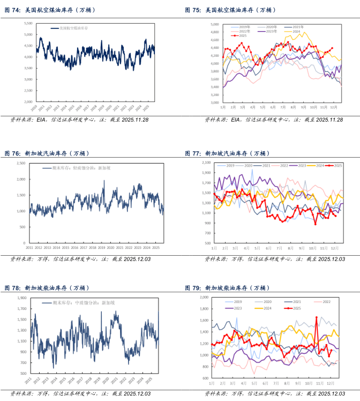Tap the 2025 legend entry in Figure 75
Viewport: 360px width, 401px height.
click(x=243, y=36)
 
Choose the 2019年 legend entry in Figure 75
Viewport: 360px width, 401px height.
click(x=244, y=27)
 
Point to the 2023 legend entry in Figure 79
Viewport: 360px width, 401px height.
click(x=238, y=308)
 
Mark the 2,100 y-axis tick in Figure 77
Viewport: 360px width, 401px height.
click(x=206, y=162)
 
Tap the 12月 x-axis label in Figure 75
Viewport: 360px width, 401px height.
click(x=332, y=107)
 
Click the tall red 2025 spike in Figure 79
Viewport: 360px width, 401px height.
click(x=316, y=318)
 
